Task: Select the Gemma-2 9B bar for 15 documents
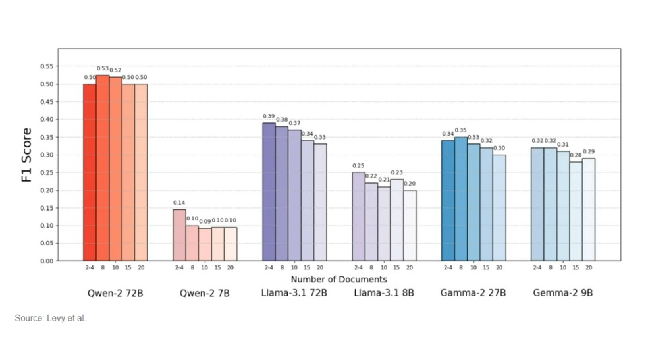(x=576, y=211)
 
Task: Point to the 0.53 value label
(x=103, y=68)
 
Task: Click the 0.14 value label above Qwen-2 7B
(x=179, y=203)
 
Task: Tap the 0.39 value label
(x=269, y=116)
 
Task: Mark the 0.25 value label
(x=358, y=166)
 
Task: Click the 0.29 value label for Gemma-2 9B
(x=589, y=152)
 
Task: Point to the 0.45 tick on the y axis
(x=47, y=102)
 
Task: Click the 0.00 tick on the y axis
(x=47, y=261)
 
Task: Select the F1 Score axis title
(x=27, y=155)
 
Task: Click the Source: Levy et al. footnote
(x=51, y=319)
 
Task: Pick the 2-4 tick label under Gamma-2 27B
(x=448, y=267)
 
